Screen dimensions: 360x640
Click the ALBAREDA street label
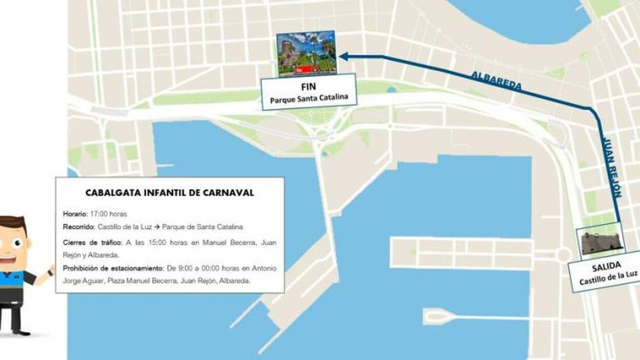point(496,81)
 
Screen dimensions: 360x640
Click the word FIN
point(308,87)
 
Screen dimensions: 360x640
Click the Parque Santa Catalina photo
point(306,54)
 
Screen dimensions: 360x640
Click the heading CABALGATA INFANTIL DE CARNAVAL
point(169,193)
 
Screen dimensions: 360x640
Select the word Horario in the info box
point(75,214)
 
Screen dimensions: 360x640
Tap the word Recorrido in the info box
point(78,227)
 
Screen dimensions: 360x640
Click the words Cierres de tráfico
point(90,243)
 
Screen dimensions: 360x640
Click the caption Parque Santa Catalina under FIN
point(308,97)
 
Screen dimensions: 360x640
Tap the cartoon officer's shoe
point(21,331)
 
